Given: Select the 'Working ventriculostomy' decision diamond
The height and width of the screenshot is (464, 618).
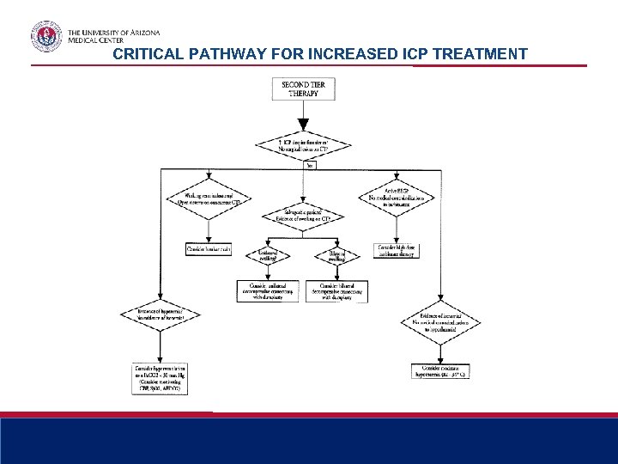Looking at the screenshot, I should point(200,200).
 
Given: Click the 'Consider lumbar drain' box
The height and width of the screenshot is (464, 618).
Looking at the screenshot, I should point(209,249).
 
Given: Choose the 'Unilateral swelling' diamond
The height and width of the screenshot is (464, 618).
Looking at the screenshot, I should point(269,255).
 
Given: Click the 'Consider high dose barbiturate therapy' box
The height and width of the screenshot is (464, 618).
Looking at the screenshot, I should point(398,250).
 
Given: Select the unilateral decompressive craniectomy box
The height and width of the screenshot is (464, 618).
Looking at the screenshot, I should point(269,290).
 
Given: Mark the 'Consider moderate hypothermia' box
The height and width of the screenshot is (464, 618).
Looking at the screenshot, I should point(440,370).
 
